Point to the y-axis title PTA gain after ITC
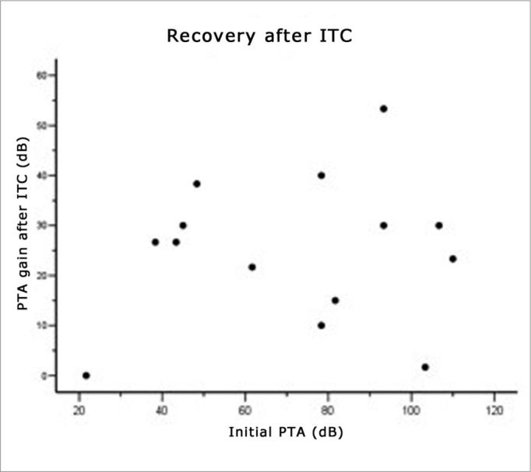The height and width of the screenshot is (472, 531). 25,226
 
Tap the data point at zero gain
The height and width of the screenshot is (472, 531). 86,376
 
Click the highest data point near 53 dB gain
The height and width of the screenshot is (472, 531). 383,109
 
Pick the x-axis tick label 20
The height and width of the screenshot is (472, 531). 79,409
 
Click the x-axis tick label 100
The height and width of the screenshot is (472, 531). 410,409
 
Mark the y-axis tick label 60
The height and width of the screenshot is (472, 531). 41,75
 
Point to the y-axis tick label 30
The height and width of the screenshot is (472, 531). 41,226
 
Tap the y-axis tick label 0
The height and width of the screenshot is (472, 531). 44,376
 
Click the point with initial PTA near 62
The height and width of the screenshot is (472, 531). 251,267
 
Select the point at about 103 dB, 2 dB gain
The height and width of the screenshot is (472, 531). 424,367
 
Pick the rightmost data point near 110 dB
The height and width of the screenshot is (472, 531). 452,259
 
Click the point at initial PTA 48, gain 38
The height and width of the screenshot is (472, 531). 196,184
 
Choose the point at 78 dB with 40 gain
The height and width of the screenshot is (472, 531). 321,175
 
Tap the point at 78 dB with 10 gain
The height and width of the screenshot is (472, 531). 321,325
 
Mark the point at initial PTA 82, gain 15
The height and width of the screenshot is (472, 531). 335,300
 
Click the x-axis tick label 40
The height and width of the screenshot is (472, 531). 162,409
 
